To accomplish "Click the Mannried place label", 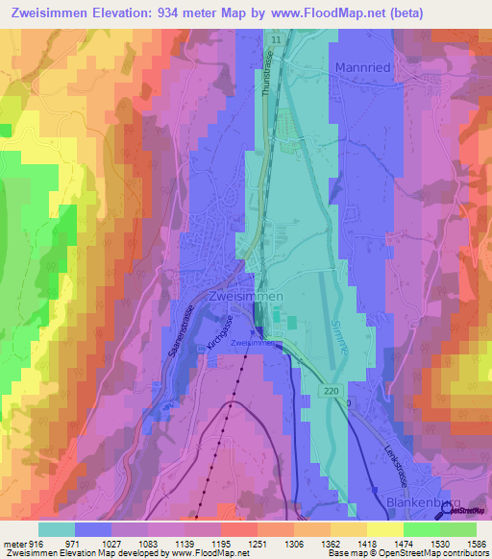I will click(361, 68).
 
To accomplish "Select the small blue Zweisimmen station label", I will click(255, 342).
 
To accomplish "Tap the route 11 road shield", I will click(276, 38).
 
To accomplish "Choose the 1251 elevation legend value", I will click(257, 545).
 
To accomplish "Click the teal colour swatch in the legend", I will click(57, 529).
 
